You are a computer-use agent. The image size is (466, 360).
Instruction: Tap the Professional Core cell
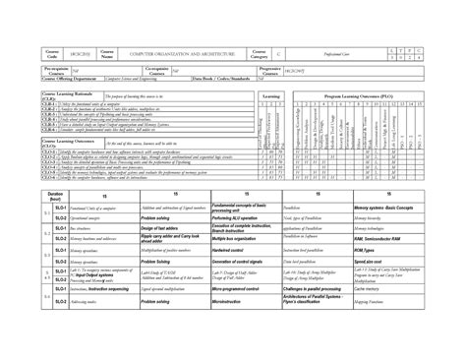coord(334,52)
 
